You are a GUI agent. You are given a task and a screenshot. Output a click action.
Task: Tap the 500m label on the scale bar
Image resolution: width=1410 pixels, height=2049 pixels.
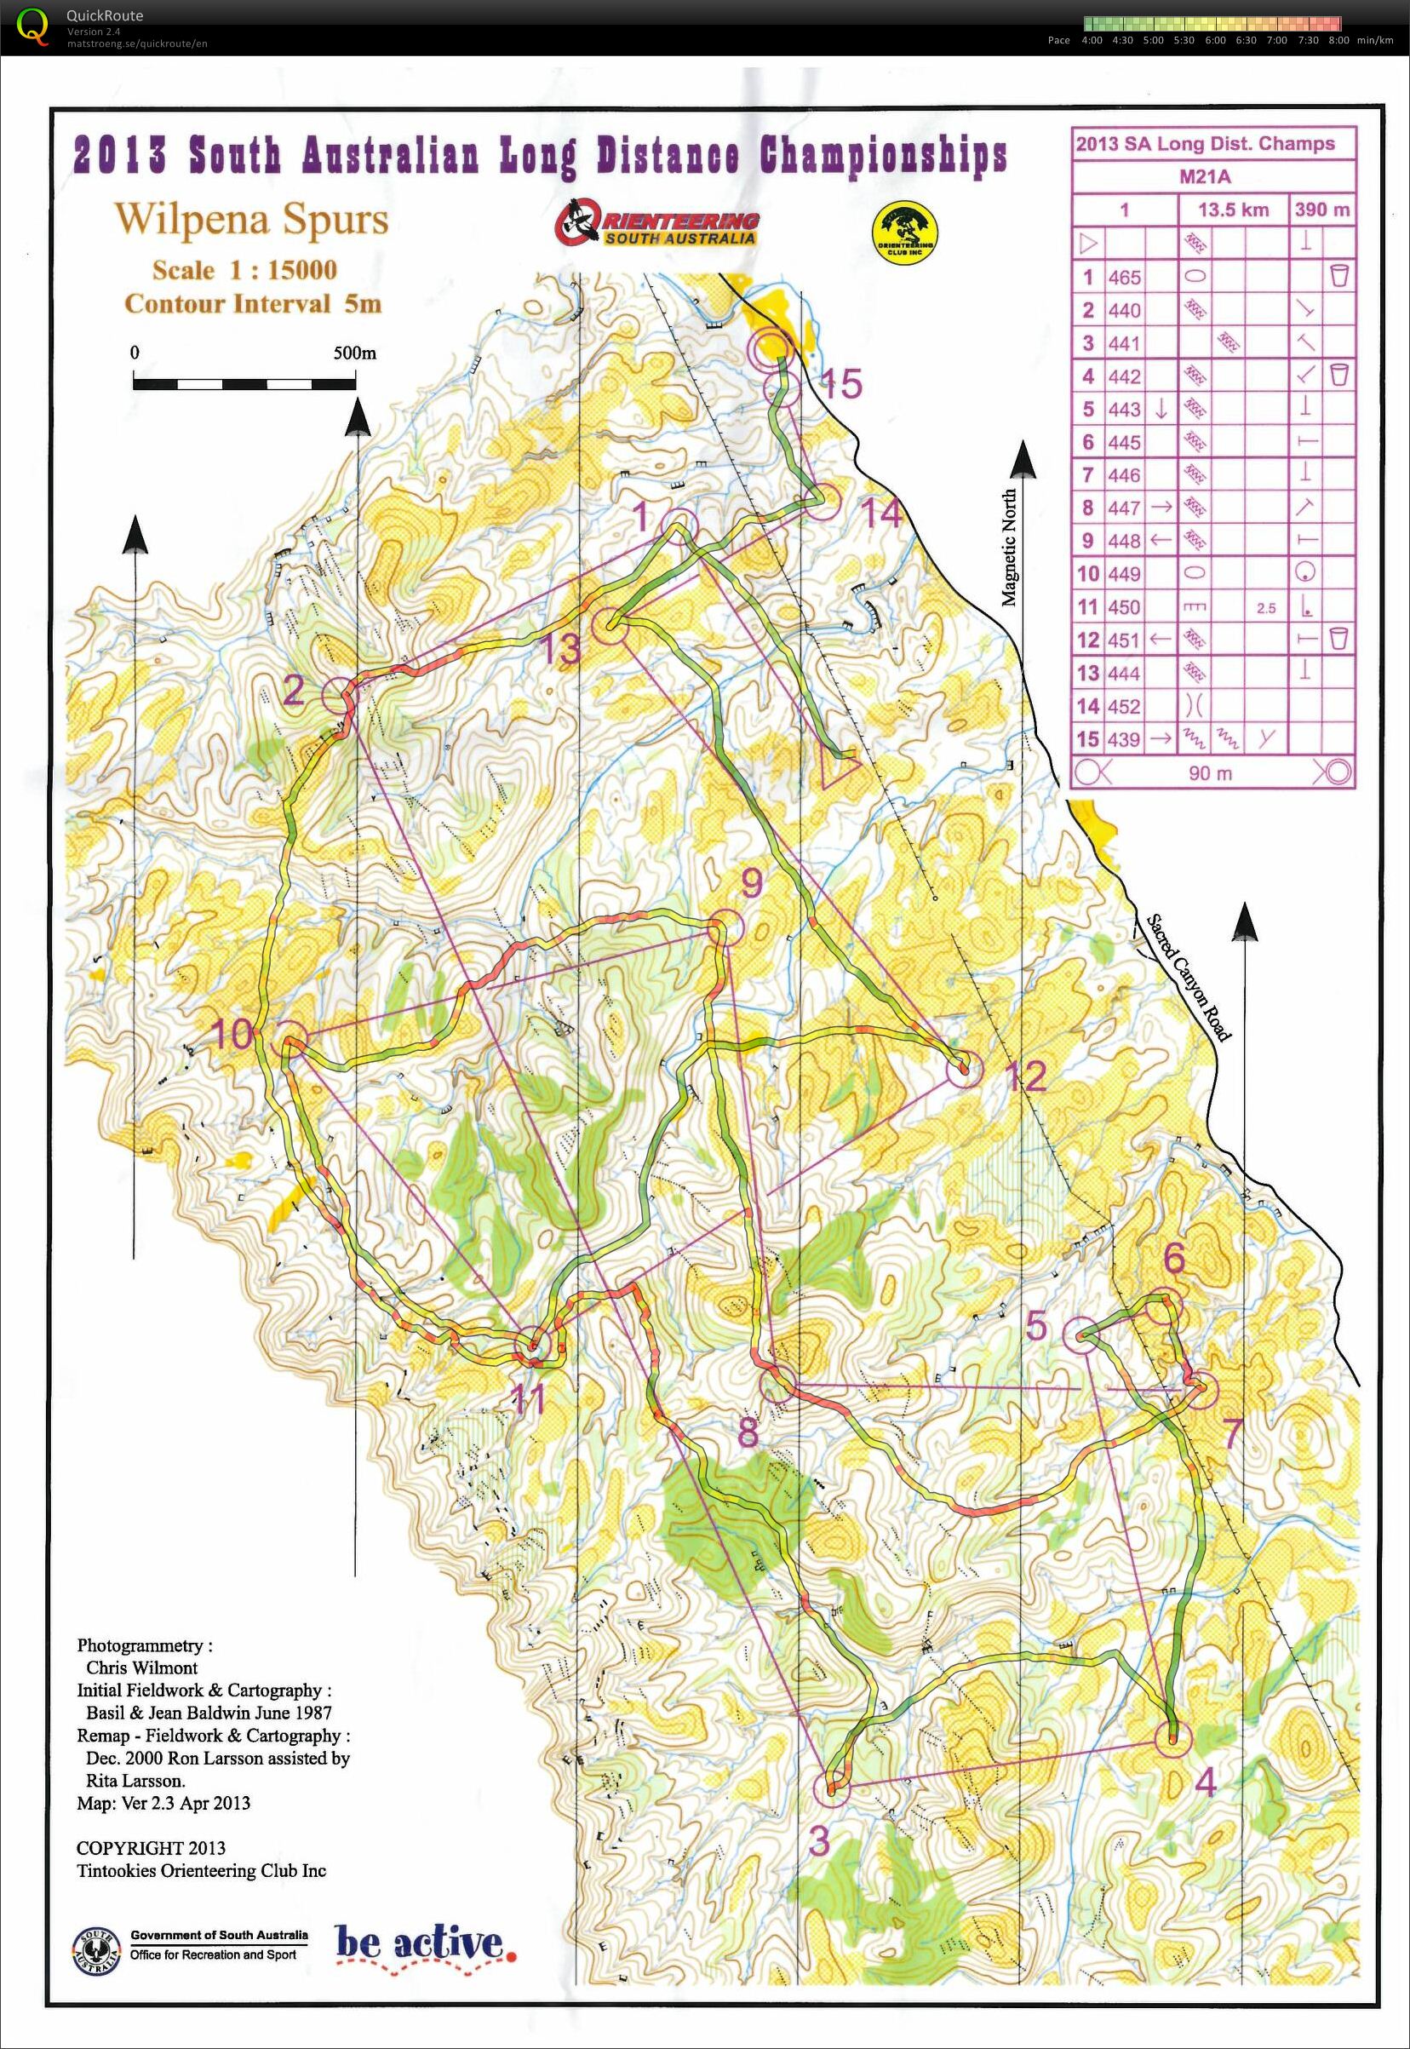[x=354, y=353]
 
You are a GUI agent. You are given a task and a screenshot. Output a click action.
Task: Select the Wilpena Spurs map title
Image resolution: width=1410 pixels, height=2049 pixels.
[x=252, y=219]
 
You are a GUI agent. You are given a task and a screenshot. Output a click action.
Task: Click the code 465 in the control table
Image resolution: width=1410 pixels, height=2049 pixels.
[x=1125, y=278]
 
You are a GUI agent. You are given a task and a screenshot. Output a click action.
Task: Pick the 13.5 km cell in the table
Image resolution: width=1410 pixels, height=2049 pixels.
[x=1233, y=209]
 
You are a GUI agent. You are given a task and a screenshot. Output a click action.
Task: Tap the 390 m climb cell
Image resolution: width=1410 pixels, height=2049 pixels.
[x=1321, y=209]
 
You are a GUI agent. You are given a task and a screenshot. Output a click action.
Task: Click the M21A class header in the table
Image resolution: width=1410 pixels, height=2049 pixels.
[x=1204, y=177]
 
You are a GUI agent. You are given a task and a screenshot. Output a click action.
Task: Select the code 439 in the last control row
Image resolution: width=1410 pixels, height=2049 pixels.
[x=1125, y=739]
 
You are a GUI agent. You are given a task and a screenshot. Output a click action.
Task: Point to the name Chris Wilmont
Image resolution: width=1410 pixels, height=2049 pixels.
[x=141, y=1667]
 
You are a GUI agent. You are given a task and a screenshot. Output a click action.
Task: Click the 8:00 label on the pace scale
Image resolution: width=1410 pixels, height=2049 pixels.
[x=1338, y=41]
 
